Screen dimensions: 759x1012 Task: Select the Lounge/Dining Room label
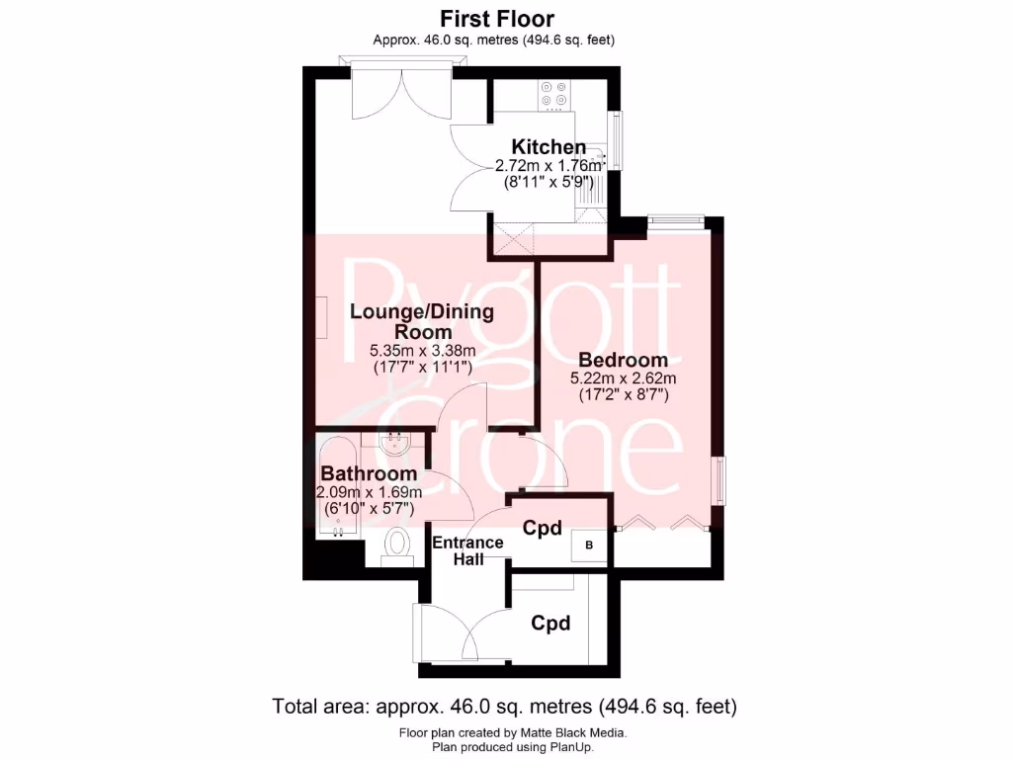(422, 321)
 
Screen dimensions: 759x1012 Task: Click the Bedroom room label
(623, 360)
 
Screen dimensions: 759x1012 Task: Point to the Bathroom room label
(369, 474)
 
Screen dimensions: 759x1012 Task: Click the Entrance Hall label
(467, 550)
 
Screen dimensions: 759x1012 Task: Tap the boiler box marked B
(590, 545)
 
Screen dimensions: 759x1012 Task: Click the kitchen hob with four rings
(553, 94)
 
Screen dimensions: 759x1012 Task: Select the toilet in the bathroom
(397, 545)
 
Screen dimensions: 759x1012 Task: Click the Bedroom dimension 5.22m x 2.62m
(623, 379)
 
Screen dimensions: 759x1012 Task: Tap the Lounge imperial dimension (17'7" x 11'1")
(422, 367)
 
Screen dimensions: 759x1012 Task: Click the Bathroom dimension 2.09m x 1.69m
(369, 492)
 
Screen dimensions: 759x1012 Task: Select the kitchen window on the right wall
(618, 140)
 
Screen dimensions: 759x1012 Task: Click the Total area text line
(505, 707)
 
